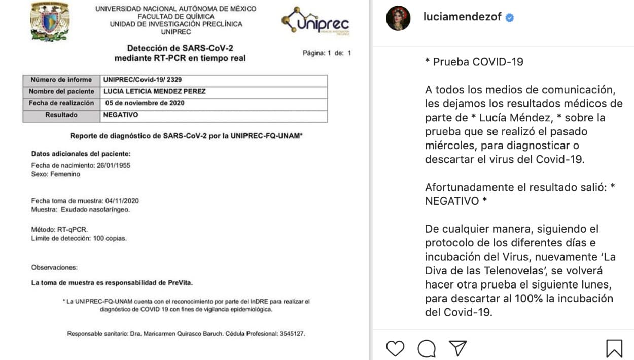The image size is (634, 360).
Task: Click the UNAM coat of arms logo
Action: pyautogui.click(x=50, y=21)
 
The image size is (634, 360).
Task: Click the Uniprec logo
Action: pyautogui.click(x=316, y=21)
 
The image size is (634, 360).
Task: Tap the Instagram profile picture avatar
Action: pyautogui.click(x=398, y=18)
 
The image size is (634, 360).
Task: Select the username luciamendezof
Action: pyautogui.click(x=462, y=17)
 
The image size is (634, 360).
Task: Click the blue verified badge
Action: pyautogui.click(x=510, y=17)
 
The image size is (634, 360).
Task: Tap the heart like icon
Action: pyautogui.click(x=395, y=348)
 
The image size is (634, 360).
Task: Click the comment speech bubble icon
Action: pyautogui.click(x=427, y=348)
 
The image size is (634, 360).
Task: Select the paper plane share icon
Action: pyautogui.click(x=457, y=348)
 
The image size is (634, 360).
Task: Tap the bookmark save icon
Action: pyautogui.click(x=614, y=348)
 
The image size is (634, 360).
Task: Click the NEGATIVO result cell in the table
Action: pyautogui.click(x=121, y=115)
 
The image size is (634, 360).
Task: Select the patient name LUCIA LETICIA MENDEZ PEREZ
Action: pyautogui.click(x=155, y=92)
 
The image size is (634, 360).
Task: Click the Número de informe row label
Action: pyautogui.click(x=61, y=80)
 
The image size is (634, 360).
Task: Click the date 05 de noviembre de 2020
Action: pyautogui.click(x=145, y=103)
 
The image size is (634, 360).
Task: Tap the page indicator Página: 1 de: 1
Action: pyautogui.click(x=327, y=53)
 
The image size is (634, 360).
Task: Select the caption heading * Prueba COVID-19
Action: pyautogui.click(x=474, y=62)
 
